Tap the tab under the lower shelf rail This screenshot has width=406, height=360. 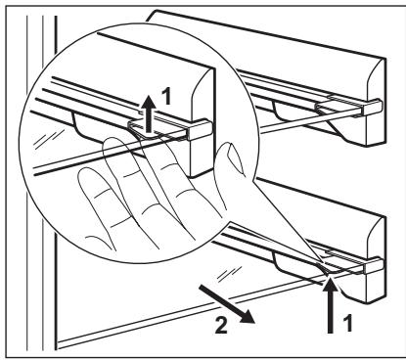pos(294,257)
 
